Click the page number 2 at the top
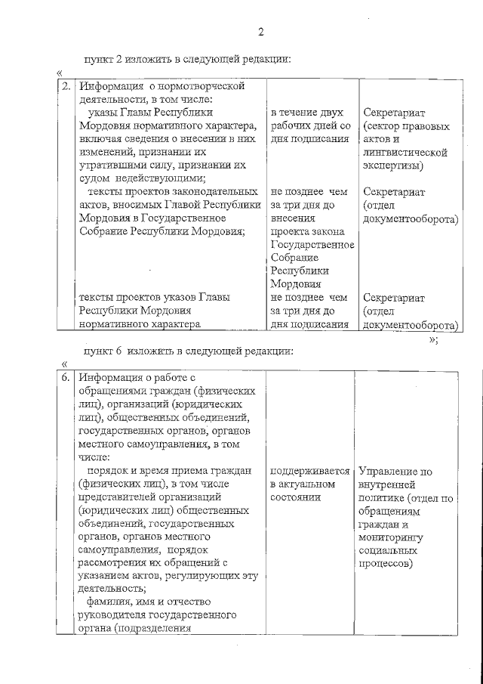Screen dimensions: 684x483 pos(260,32)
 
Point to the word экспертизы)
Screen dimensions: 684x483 pos(392,165)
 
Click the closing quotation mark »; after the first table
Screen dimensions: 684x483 pos(432,339)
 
